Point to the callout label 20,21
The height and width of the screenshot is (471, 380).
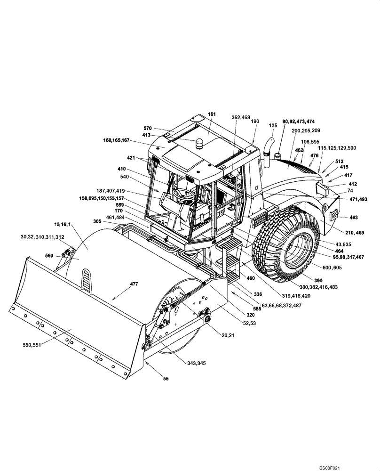228,335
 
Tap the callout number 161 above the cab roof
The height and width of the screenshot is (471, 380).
211,114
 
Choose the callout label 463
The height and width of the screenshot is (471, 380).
354,218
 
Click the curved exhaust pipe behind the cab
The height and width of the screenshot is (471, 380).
268,151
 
